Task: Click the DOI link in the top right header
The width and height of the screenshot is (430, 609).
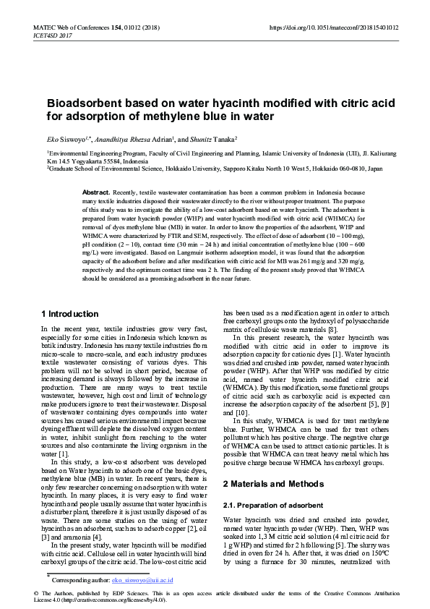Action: [x=333, y=27]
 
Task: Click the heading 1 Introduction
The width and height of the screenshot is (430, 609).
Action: [x=70, y=314]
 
